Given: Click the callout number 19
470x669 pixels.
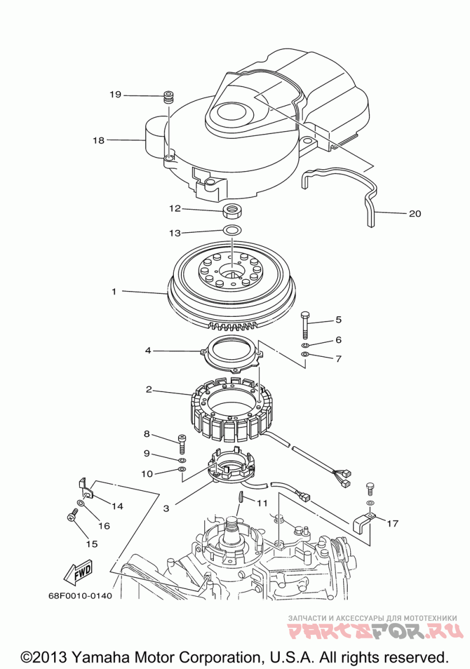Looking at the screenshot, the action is click(116, 94).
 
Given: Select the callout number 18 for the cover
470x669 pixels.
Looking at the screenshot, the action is click(99, 140).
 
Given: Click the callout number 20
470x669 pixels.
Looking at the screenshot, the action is click(415, 213).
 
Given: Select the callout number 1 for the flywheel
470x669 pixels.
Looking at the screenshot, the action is click(114, 292).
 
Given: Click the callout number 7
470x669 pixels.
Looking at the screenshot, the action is click(338, 359).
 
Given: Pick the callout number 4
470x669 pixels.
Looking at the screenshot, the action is click(148, 351).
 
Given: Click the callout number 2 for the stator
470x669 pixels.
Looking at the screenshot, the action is click(149, 389).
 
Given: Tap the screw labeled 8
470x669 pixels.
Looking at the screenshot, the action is click(182, 444).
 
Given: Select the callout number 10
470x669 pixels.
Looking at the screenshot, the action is click(147, 474).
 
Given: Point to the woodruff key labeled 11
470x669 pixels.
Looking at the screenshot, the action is click(240, 497).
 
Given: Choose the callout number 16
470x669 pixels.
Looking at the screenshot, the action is click(104, 526).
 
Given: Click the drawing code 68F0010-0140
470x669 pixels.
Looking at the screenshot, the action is click(80, 595).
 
